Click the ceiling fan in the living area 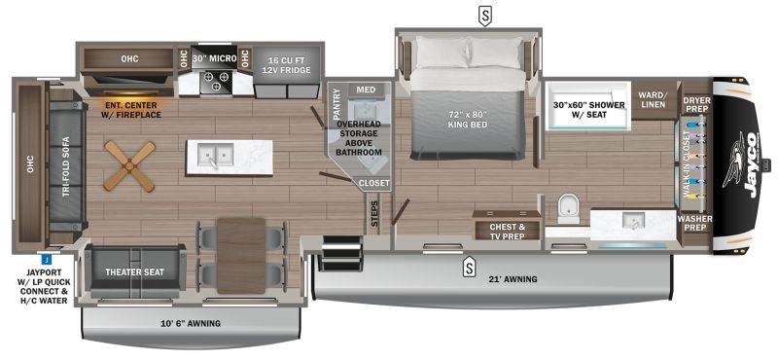[129, 165]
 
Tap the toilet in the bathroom [568, 208]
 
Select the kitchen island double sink [215, 155]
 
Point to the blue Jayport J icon [45, 258]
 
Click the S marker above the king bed [484, 18]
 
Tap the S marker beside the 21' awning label [468, 270]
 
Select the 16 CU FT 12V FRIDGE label [286, 64]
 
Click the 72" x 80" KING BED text [467, 119]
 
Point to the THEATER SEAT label [134, 272]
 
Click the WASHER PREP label [694, 223]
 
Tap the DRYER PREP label [696, 104]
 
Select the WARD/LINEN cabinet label [654, 98]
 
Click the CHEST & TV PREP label [507, 232]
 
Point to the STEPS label [374, 213]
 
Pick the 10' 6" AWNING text [192, 324]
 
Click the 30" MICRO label [214, 58]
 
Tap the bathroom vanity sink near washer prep [634, 220]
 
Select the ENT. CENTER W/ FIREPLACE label [131, 110]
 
